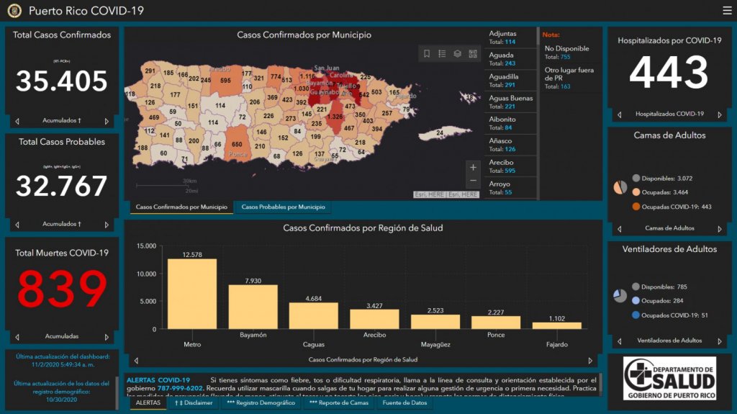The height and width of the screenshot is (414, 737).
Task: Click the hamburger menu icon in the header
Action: tap(727, 10)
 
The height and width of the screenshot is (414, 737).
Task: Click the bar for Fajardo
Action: tap(556, 325)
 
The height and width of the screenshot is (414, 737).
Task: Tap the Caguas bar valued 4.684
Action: tap(313, 315)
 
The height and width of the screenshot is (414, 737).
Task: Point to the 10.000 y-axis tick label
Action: tap(145, 274)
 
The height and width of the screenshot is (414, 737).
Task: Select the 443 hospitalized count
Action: tap(669, 73)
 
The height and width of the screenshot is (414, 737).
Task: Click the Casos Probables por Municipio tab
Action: tap(283, 207)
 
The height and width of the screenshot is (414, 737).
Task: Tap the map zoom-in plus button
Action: tap(473, 168)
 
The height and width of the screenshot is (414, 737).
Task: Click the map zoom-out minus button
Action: tap(473, 181)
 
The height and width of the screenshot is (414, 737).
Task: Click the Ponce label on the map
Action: tap(238, 155)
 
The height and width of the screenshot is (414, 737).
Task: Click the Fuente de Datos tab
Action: tap(404, 403)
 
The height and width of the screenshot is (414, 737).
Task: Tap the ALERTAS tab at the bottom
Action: tap(148, 403)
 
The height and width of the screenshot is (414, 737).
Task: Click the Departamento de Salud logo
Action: tap(669, 378)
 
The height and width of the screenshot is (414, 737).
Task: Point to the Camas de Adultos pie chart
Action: tap(620, 187)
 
